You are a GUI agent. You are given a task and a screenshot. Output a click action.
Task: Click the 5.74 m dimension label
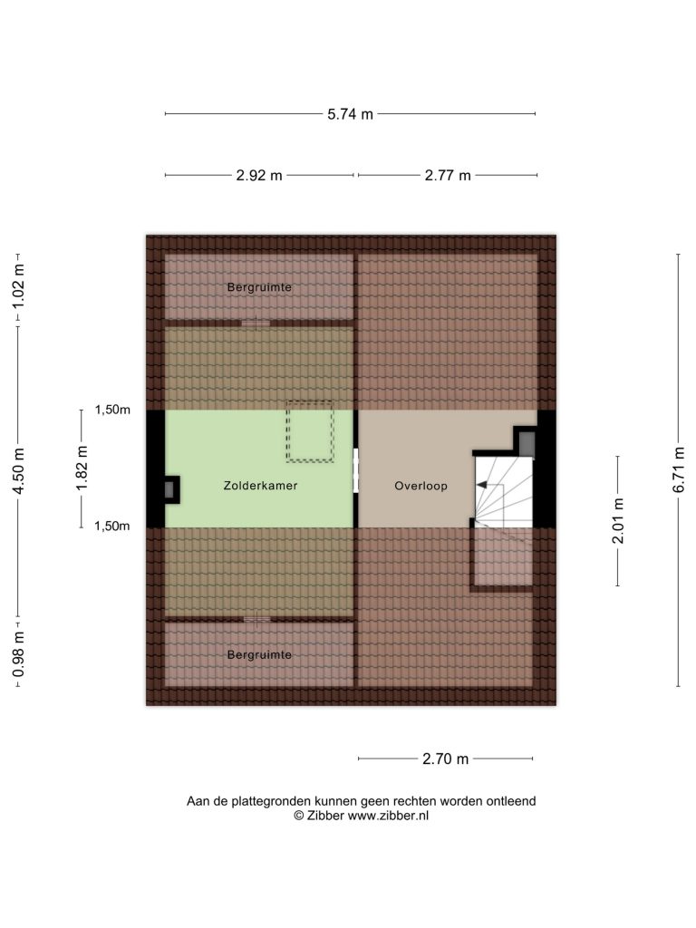pos(351,114)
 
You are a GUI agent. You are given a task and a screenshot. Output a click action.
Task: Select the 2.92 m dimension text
pos(259,176)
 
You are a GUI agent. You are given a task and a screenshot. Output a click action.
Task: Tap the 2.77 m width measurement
pos(448,176)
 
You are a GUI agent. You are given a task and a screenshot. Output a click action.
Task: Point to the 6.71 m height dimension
pos(680,469)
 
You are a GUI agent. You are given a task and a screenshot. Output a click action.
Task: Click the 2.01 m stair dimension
pos(618,521)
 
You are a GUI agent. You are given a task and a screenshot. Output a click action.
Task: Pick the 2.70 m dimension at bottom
pos(446,759)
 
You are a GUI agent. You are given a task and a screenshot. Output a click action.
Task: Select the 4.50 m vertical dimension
pos(19,471)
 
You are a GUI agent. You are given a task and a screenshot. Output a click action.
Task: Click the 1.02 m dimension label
pos(19,285)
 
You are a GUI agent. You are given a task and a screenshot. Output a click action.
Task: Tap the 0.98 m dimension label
pos(19,654)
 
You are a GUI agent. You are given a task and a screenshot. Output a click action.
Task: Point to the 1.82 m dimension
pos(82,468)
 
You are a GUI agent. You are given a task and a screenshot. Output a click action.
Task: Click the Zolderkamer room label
pos(260,486)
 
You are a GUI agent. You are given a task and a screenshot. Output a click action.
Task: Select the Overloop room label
pos(420,487)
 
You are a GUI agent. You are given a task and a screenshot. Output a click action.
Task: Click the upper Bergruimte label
pos(259,287)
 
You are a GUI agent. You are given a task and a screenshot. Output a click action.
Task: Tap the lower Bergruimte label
pos(259,655)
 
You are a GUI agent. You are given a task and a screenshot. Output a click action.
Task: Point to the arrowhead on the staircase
pos(481,486)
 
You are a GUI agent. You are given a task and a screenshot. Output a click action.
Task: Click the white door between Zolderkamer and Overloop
pos(355,470)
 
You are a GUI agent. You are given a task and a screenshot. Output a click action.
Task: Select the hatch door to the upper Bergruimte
pos(256,324)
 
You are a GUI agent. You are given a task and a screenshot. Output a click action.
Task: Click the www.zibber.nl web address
pos(388,817)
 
